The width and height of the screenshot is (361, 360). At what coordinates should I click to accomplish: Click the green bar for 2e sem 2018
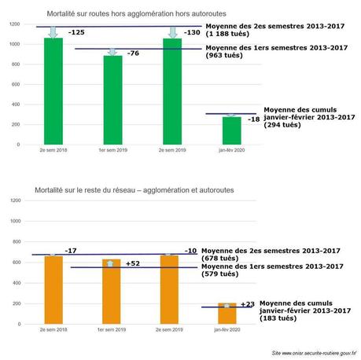(x=53, y=91)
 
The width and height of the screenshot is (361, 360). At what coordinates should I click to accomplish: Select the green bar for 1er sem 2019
(x=113, y=100)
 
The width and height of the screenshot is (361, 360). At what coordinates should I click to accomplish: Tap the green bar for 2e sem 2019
(x=173, y=91)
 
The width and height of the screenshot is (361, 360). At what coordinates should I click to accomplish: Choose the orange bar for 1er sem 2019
(x=113, y=291)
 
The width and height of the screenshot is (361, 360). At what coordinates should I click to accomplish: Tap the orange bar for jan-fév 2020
(x=227, y=314)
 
